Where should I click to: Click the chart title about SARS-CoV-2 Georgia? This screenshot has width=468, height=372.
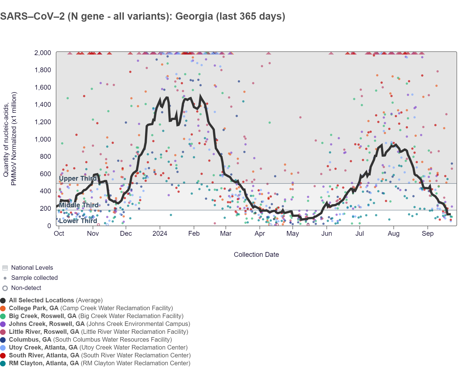pyautogui.click(x=143, y=16)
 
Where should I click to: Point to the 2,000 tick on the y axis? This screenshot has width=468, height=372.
pyautogui.click(x=43, y=53)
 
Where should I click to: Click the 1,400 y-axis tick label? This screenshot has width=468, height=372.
pyautogui.click(x=43, y=105)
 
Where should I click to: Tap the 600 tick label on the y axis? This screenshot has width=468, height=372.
pyautogui.click(x=45, y=174)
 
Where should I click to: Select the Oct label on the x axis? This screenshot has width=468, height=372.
pyautogui.click(x=59, y=233)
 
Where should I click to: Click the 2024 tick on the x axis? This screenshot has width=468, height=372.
pyautogui.click(x=160, y=233)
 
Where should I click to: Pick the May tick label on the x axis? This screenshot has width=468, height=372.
pyautogui.click(x=293, y=233)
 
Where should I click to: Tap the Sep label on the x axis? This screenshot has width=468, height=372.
pyautogui.click(x=428, y=233)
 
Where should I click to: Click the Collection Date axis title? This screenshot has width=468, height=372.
pyautogui.click(x=256, y=255)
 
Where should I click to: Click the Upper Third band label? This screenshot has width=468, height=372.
pyautogui.click(x=78, y=178)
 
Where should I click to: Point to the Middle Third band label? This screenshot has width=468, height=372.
pyautogui.click(x=79, y=205)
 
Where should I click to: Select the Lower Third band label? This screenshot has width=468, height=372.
pyautogui.click(x=78, y=221)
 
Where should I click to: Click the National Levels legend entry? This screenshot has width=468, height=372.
pyautogui.click(x=28, y=268)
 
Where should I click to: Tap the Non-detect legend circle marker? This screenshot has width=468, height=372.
pyautogui.click(x=5, y=288)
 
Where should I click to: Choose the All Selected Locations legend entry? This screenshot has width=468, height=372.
pyautogui.click(x=52, y=300)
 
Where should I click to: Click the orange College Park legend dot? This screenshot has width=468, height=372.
pyautogui.click(x=3, y=309)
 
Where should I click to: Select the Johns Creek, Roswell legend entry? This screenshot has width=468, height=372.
pyautogui.click(x=95, y=324)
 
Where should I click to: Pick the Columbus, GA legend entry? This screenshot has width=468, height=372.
pyautogui.click(x=86, y=340)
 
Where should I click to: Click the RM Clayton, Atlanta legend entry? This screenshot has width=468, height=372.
pyautogui.click(x=95, y=363)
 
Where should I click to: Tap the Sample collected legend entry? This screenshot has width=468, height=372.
pyautogui.click(x=30, y=278)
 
